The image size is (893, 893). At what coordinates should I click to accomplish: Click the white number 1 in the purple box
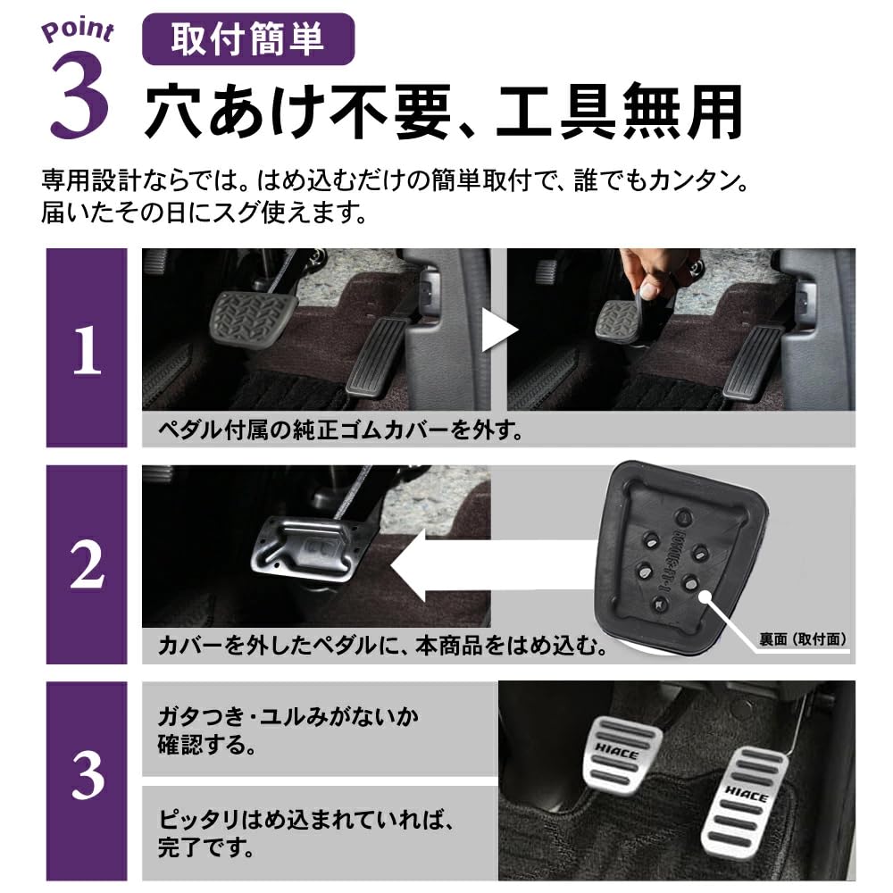pos(87,351)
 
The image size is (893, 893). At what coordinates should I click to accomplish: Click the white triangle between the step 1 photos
pos(499,331)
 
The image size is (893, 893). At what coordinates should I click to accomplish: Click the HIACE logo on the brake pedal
pos(622,753)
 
